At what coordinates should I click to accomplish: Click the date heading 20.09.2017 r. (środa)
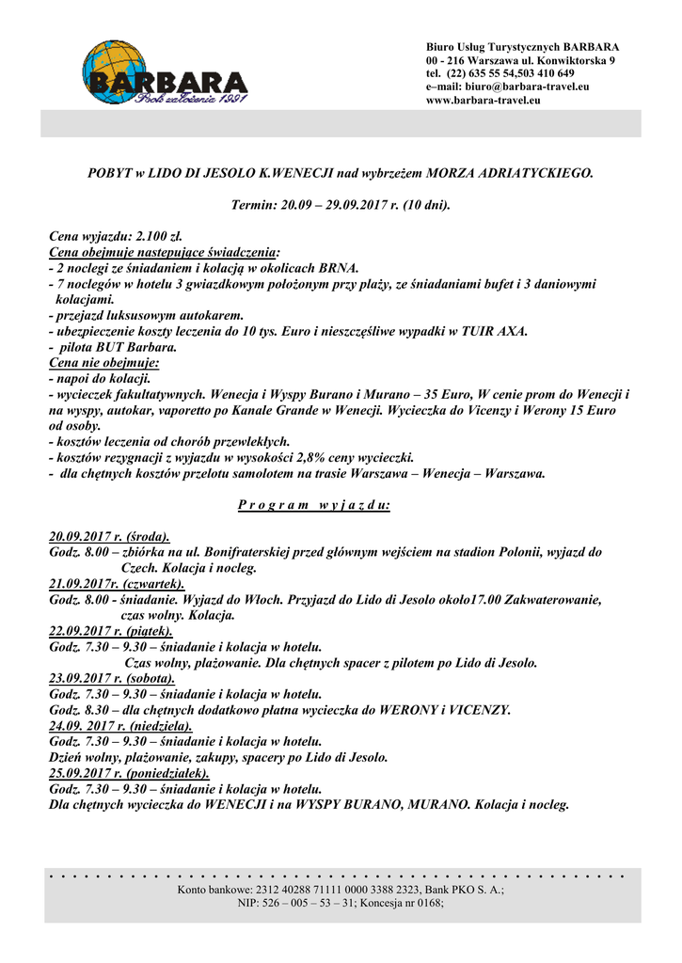(x=109, y=536)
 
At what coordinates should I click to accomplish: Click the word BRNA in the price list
(x=340, y=268)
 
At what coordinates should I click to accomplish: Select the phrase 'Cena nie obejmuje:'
(x=103, y=361)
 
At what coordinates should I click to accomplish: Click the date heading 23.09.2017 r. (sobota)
(x=111, y=678)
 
